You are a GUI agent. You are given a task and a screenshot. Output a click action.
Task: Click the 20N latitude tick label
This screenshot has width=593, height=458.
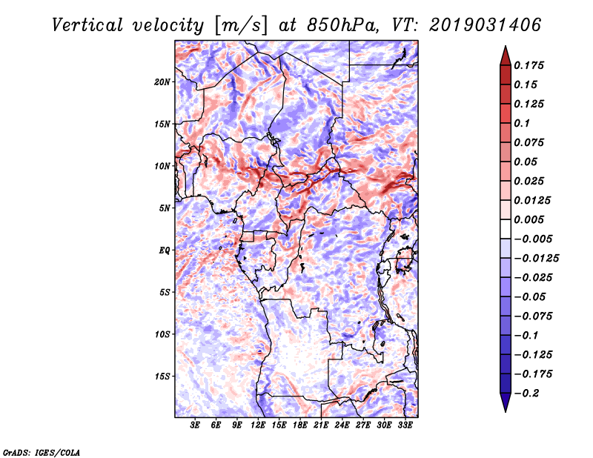click(162, 82)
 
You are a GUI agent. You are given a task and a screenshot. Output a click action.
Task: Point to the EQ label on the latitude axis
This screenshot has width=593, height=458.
click(165, 250)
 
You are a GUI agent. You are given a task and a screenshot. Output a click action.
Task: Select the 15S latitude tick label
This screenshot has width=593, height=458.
click(162, 376)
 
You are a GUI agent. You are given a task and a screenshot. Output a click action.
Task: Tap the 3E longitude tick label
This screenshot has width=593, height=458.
click(195, 425)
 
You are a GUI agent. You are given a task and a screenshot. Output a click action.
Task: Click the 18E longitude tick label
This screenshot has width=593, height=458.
click(299, 425)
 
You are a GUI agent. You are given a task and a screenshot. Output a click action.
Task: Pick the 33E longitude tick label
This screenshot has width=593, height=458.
click(405, 425)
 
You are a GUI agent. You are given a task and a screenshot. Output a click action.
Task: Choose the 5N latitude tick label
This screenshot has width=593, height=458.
click(165, 208)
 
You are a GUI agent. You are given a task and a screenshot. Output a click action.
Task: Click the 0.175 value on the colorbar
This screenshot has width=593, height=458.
click(529, 65)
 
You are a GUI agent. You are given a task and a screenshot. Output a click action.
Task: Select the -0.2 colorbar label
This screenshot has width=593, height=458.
click(526, 394)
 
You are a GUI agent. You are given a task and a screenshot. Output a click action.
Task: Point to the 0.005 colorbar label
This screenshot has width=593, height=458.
click(529, 219)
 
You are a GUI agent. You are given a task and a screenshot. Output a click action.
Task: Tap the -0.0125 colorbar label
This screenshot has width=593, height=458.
click(536, 259)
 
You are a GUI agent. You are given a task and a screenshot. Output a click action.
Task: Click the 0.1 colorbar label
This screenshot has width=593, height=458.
click(522, 123)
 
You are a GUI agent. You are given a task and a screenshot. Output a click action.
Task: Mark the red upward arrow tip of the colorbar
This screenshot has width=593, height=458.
click(506, 46)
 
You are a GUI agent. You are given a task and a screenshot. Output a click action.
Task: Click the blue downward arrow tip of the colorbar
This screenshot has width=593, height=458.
click(506, 411)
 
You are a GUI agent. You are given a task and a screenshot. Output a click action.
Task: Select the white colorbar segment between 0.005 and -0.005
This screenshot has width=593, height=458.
click(506, 229)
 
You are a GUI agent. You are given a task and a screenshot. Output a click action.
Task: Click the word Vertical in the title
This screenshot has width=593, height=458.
click(87, 25)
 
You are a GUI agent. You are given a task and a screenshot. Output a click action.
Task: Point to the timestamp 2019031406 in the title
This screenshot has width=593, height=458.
click(486, 25)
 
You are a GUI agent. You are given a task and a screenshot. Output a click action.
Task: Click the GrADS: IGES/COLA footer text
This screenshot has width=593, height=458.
click(42, 452)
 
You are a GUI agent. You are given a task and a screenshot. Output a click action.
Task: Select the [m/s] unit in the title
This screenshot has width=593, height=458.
click(241, 26)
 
